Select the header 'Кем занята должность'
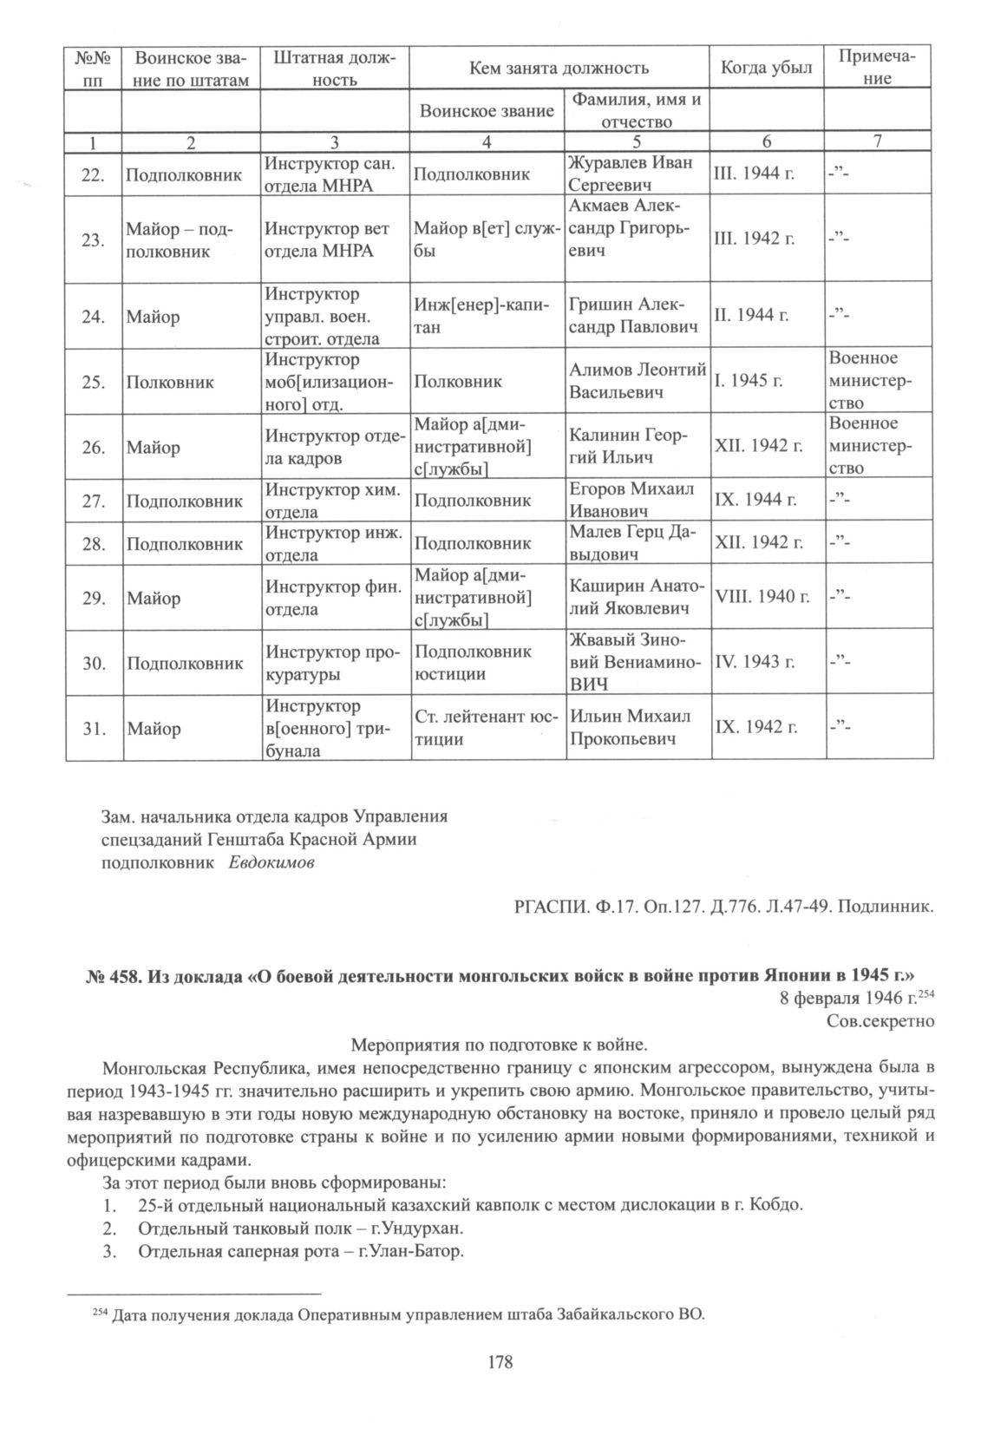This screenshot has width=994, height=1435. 559,68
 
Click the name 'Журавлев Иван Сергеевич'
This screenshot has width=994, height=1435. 630,174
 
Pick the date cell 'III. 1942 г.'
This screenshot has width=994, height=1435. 753,239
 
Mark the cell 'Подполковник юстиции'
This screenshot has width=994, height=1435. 473,663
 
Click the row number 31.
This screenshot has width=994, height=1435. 95,729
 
